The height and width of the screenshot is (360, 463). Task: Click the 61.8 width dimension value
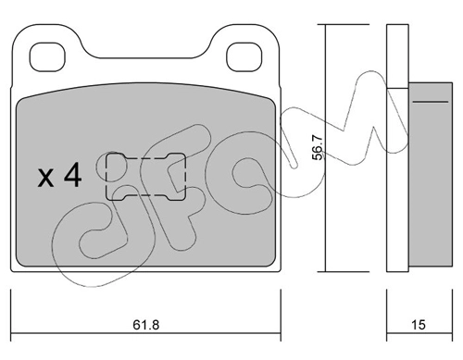[x=146, y=325]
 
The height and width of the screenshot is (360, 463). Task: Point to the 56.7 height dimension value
[x=318, y=148]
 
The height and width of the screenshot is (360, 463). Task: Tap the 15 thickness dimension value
[x=419, y=325]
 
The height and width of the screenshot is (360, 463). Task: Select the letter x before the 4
[x=45, y=179]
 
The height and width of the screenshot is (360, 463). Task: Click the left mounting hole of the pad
[x=47, y=57]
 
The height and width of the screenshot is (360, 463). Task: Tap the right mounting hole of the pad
[x=244, y=57]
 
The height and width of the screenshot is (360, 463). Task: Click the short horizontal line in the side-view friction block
[x=431, y=102]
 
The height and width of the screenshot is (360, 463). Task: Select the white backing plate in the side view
[x=397, y=148]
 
